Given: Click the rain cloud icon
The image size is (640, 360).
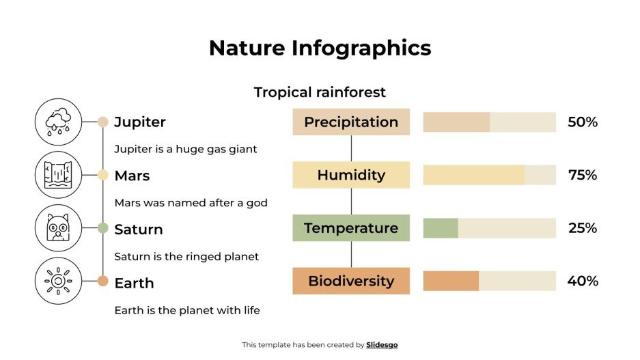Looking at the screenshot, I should click(58, 122).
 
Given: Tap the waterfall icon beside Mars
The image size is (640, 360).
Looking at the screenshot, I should click(58, 175).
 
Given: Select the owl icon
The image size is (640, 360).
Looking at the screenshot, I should click(58, 228).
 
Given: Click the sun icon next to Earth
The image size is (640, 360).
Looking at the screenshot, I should click(58, 281).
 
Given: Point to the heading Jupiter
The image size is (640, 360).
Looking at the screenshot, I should click(139, 122).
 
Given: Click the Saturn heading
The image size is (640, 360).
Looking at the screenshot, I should click(139, 229).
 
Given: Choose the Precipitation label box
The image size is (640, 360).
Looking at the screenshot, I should click(351, 122).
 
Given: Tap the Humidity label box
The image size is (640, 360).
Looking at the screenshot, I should click(351, 175).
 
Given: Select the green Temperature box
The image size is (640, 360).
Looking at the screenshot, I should click(351, 228).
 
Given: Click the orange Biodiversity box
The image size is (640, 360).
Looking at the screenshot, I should click(351, 281).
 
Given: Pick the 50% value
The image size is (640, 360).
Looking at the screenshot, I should click(583, 122).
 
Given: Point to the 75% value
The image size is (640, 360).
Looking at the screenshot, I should click(583, 176).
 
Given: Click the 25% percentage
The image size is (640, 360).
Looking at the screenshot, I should click(583, 228).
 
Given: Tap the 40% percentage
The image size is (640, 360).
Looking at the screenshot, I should click(583, 281).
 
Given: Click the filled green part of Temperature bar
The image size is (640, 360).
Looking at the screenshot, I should click(441, 228).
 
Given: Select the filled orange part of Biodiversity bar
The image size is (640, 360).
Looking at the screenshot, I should click(451, 281).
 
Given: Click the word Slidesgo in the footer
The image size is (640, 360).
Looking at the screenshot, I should click(382, 345).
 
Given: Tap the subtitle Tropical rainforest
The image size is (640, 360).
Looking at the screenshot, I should click(320, 92).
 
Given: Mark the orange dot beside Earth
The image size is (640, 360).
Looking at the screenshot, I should click(103, 281).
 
